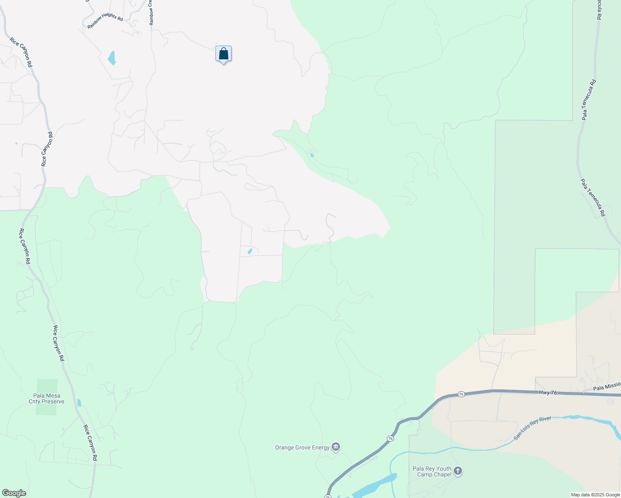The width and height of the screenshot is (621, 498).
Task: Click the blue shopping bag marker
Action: tap(223, 54)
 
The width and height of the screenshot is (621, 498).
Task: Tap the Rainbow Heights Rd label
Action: tap(105, 22)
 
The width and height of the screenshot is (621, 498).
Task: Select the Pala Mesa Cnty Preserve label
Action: tap(46, 398)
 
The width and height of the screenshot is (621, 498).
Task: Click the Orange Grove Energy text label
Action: tap(302, 447)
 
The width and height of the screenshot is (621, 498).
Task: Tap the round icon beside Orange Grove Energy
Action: tap(336, 447)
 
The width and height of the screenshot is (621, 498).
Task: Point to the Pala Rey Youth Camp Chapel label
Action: tap(432, 471)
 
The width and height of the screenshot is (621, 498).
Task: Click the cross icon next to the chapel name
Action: tap(458, 471)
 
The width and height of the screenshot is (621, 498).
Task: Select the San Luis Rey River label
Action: tap(533, 428)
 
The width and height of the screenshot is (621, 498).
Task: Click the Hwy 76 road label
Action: tap(548, 392)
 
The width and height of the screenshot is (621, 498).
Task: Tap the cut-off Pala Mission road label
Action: tap(606, 387)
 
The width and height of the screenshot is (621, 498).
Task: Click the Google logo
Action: tap(14, 493)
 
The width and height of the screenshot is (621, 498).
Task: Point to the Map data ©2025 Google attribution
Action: tap(595, 495)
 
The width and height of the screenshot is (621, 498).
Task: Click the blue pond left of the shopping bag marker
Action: tap(112, 58)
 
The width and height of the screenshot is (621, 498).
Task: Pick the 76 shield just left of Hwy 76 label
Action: tap(461, 394)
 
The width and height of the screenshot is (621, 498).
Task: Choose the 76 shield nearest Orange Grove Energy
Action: tap(390, 439)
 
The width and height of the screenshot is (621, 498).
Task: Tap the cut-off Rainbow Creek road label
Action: tap(152, 12)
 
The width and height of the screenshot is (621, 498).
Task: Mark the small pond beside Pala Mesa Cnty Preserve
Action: tap(79, 402)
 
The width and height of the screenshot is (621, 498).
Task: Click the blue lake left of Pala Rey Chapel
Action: tap(374, 486)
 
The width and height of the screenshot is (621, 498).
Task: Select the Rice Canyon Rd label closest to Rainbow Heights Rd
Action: tap(21, 53)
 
